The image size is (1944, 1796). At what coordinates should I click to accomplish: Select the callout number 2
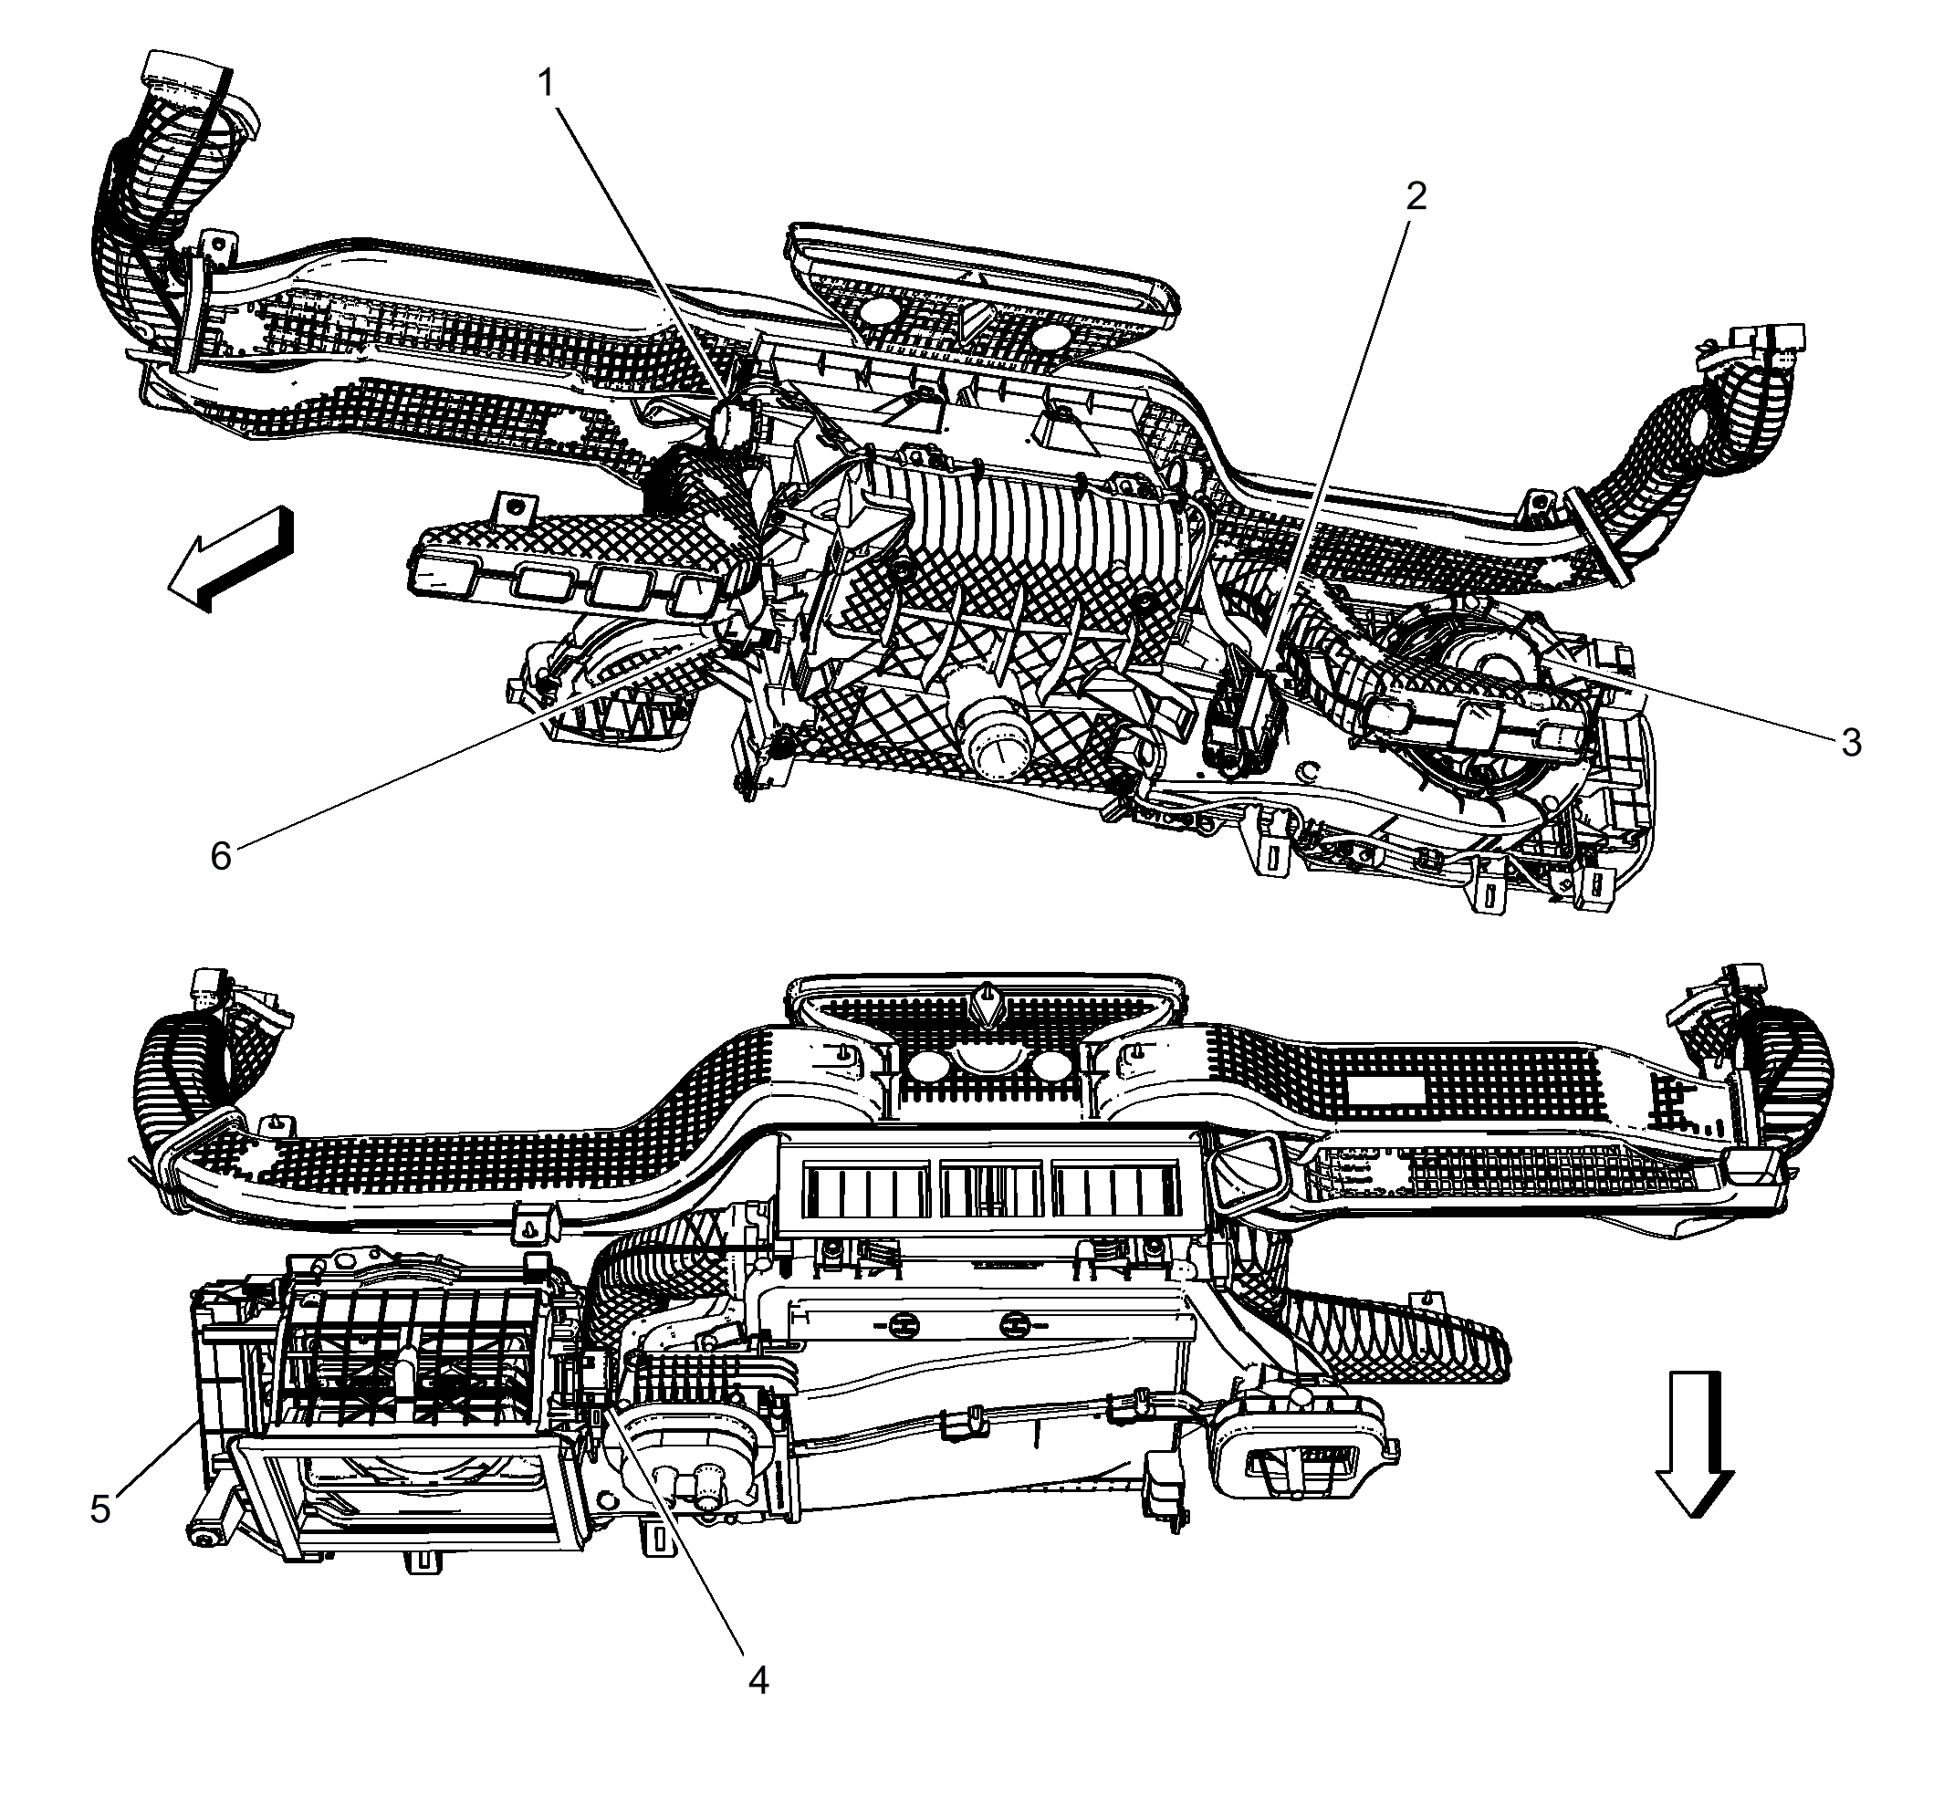point(1416,197)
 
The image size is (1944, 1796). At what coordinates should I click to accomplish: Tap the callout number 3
point(1851,743)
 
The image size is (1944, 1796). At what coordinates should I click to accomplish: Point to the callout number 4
point(758,1679)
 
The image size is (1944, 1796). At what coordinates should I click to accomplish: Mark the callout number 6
point(221,856)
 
